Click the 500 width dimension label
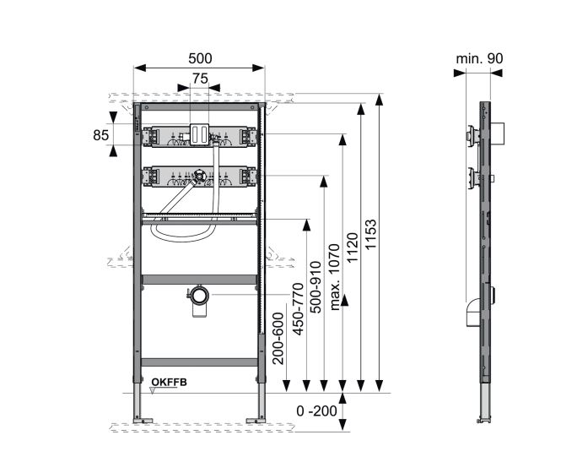200,58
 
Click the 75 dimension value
200,79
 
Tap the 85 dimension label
101,135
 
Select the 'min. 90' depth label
479,58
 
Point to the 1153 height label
371,235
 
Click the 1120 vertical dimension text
353,247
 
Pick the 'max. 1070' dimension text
334,277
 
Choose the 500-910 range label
316,287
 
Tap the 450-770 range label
298,309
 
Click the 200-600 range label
278,338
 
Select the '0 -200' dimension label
317,411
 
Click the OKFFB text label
169,383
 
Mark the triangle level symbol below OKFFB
153,391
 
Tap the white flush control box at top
199,134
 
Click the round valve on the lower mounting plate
199,176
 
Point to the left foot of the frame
143,420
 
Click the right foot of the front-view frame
256,420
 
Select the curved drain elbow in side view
472,313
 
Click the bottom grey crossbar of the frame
199,362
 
